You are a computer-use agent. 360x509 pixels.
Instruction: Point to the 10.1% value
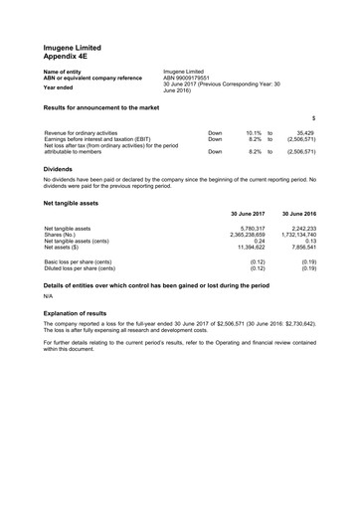(253, 132)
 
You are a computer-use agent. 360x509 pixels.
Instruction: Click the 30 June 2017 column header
(248, 214)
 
